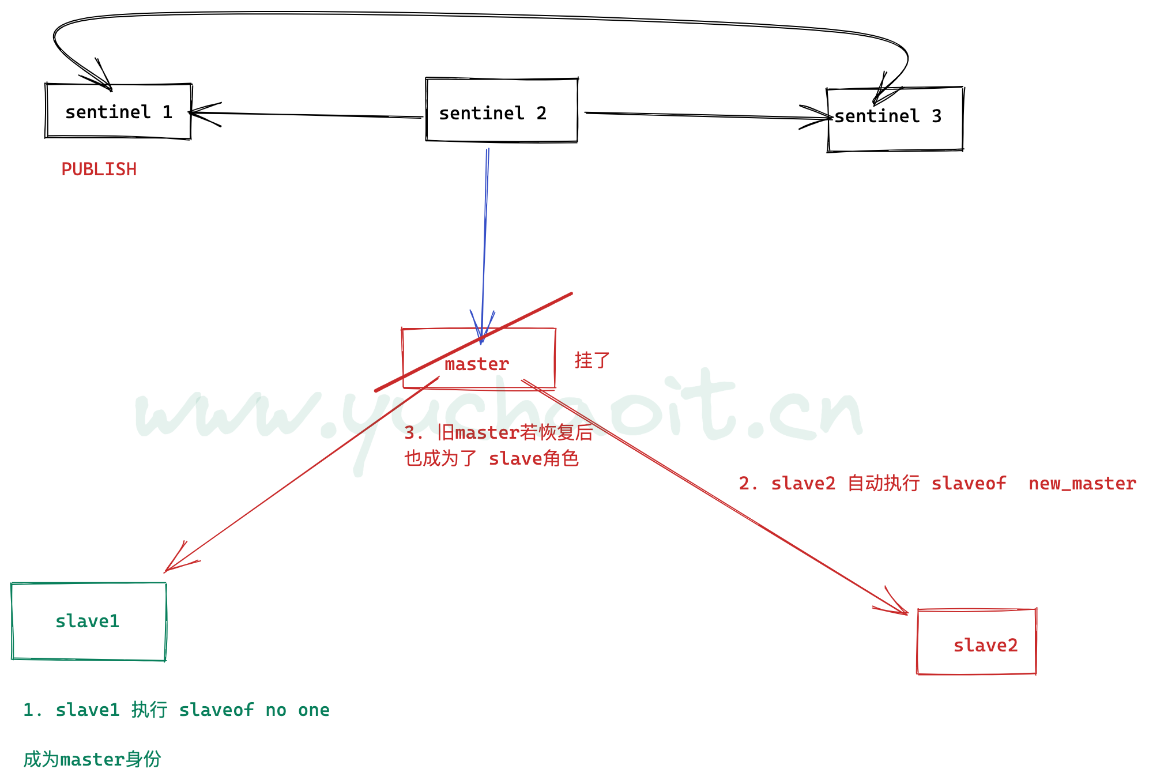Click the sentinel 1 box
click(118, 111)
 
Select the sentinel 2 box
click(501, 110)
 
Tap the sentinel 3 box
click(895, 119)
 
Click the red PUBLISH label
click(99, 169)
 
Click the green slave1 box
click(88, 621)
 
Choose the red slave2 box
click(977, 642)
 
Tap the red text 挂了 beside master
click(592, 361)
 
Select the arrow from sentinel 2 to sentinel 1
click(306, 115)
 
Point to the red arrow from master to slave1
click(300, 476)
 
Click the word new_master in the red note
click(1082, 484)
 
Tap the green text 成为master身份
click(92, 760)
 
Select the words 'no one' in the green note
click(297, 710)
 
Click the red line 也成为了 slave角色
click(491, 459)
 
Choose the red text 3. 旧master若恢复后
click(498, 432)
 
